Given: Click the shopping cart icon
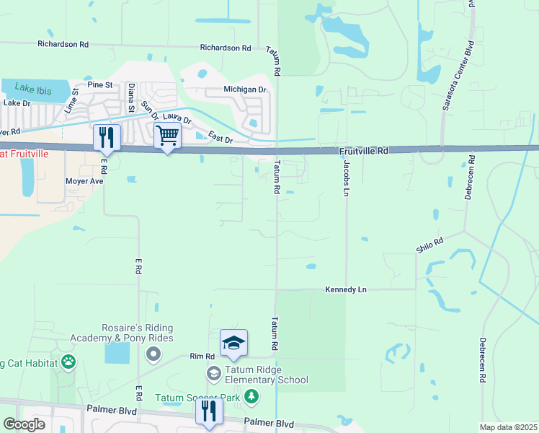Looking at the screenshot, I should (167, 135).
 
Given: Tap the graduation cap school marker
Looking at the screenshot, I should (233, 342).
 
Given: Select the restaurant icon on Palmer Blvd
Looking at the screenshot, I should (208, 411).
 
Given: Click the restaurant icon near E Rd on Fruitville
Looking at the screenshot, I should (107, 137).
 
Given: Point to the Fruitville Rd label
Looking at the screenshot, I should (364, 151).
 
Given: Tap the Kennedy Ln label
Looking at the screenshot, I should (346, 289).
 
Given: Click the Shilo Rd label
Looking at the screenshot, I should (429, 245).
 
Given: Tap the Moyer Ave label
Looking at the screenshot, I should (85, 181).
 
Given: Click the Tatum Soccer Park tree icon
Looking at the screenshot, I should (251, 397).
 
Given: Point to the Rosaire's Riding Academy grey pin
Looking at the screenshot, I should (153, 354).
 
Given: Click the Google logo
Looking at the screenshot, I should (24, 424).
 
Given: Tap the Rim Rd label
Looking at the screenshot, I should (202, 357).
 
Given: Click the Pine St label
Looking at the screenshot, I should (100, 84).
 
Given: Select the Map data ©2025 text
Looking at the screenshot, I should (507, 427).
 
